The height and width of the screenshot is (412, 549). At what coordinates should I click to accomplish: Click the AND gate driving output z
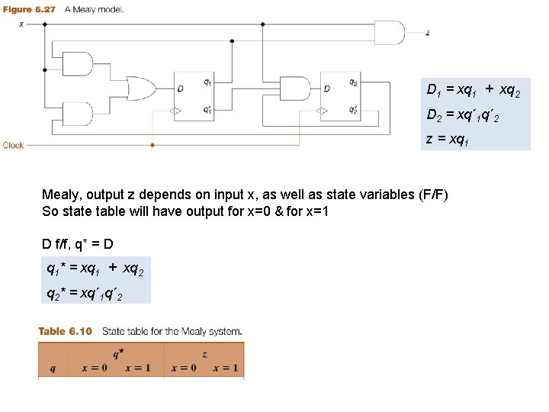tap(388, 33)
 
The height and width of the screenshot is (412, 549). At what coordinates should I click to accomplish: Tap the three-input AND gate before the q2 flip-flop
tap(292, 89)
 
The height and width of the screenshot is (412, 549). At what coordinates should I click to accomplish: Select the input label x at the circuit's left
tap(21, 24)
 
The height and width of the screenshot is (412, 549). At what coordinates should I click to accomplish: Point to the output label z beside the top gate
tap(428, 34)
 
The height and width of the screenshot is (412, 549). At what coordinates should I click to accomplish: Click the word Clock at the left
tap(14, 144)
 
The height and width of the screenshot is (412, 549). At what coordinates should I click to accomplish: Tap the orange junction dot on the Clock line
tap(152, 143)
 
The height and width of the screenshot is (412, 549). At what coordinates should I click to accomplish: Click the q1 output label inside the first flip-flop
tap(207, 82)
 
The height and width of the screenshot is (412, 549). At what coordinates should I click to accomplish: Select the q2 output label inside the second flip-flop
tap(352, 82)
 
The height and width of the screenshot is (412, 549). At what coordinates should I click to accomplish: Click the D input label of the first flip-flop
tap(180, 89)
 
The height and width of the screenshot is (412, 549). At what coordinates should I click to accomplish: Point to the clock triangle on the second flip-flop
tap(324, 111)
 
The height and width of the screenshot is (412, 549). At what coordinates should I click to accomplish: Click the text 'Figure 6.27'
tap(27, 9)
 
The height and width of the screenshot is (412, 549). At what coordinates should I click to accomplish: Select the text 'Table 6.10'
tap(65, 331)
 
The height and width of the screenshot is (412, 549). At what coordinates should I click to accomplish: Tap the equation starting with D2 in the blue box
tap(463, 115)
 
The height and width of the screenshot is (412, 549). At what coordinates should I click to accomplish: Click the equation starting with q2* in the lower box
tap(84, 292)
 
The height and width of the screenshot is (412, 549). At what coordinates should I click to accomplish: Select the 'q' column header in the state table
tap(52, 368)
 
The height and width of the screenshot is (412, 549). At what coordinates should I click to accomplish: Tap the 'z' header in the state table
tap(204, 355)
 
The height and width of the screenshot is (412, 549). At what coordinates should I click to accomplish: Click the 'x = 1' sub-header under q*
tap(137, 368)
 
